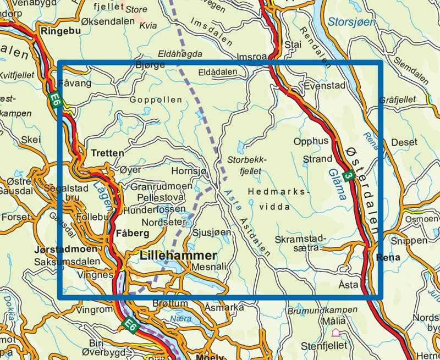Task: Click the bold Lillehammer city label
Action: coord(179,256)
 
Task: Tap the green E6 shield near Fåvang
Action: coord(54,99)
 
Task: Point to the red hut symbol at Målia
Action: coord(336,333)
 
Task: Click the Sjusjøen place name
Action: coord(212,232)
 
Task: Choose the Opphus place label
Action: coord(311,141)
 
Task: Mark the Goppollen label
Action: coord(156,100)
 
